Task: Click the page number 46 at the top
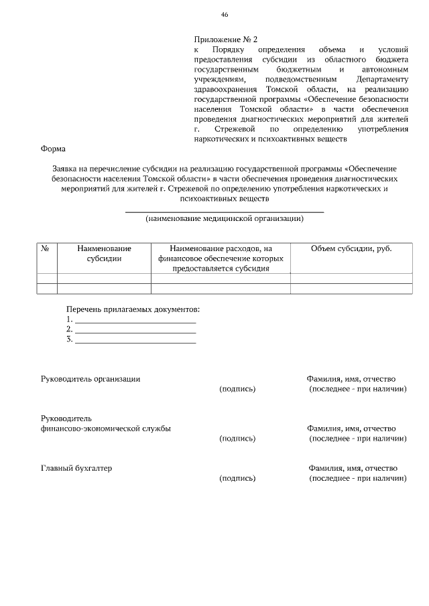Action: pos(225,15)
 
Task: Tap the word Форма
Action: pos(53,149)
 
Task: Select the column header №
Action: pos(46,248)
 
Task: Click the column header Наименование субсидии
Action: pos(104,253)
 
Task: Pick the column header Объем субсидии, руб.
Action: pos(351,248)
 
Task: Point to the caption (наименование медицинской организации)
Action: pos(225,218)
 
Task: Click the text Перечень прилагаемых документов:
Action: pos(133,309)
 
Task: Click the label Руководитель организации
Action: pos(90,378)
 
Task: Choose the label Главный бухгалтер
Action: pos(76,467)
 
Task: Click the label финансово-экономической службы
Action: pos(105,429)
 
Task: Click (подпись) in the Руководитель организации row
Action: pos(237,389)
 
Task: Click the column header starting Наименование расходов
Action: pos(221,258)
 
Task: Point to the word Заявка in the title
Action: pos(58,170)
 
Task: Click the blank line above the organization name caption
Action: pos(225,211)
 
